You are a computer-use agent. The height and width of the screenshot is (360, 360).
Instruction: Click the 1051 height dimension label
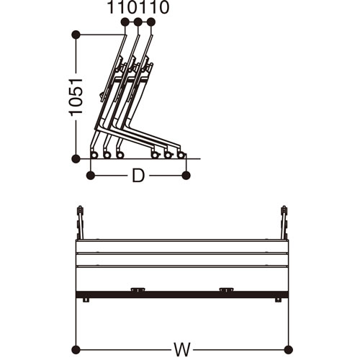(76, 96)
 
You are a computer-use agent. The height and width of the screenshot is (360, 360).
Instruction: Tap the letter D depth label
(138, 176)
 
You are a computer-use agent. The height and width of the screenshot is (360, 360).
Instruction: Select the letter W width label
(182, 349)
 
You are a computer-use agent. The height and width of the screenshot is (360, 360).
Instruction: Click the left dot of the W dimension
(76, 349)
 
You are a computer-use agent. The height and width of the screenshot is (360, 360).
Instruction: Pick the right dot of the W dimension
(288, 349)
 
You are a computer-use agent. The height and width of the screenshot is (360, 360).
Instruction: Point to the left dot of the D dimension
(91, 176)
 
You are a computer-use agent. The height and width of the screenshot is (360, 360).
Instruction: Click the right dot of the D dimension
(186, 176)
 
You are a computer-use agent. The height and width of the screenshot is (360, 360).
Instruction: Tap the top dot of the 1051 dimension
(76, 35)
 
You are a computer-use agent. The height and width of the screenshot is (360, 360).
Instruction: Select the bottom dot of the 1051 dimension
(76, 158)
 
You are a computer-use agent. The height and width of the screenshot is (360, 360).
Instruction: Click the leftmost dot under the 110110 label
(125, 22)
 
